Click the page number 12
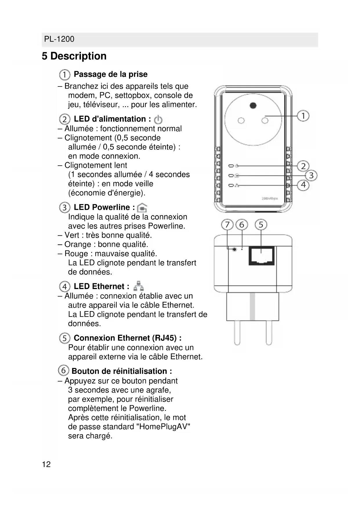(x=46, y=464)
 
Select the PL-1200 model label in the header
(x=59, y=39)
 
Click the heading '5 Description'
(x=74, y=56)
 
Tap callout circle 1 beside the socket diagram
(x=303, y=116)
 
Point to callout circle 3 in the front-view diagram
(x=311, y=175)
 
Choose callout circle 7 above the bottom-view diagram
(x=227, y=225)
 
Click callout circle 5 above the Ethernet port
(x=261, y=225)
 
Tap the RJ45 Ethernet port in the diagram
(x=261, y=256)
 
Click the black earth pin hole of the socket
(x=253, y=105)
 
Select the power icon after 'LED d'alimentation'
(x=158, y=119)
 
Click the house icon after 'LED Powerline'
(x=142, y=207)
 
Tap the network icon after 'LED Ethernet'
(x=139, y=286)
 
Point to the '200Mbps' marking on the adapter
(x=270, y=198)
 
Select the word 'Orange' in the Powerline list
(x=77, y=244)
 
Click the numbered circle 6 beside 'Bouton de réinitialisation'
(x=64, y=370)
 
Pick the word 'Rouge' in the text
(x=76, y=254)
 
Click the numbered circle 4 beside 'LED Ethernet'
(x=64, y=286)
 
